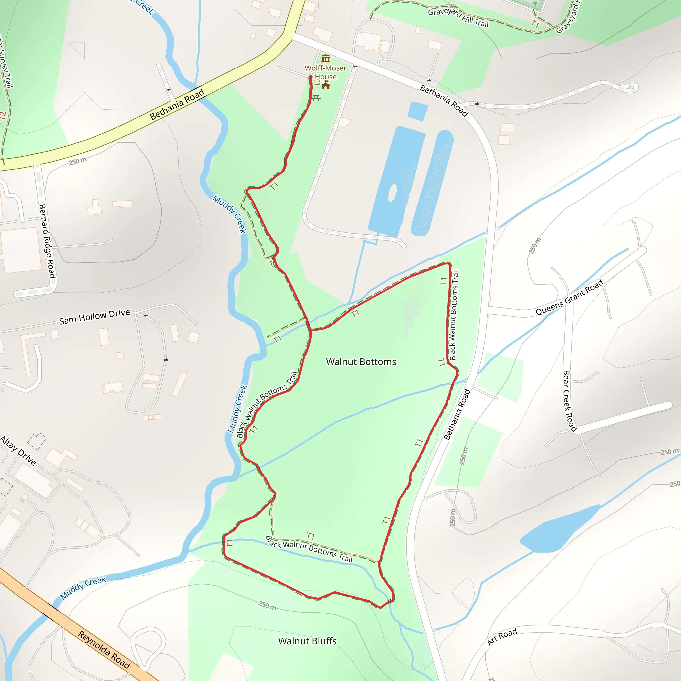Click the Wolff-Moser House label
click(325, 72)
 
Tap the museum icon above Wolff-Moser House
click(325, 58)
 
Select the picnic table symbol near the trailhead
click(316, 98)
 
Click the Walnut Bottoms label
click(361, 362)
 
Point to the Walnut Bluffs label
click(307, 641)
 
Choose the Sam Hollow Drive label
click(94, 316)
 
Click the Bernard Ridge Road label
click(47, 241)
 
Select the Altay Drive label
click(18, 451)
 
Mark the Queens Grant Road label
click(569, 297)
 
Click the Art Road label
click(502, 637)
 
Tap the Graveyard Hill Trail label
click(458, 17)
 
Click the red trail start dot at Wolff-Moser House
click(310, 77)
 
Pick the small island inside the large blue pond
click(392, 193)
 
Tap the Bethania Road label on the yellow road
click(177, 104)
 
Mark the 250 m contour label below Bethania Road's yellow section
click(77, 161)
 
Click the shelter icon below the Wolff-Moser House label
click(325, 85)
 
